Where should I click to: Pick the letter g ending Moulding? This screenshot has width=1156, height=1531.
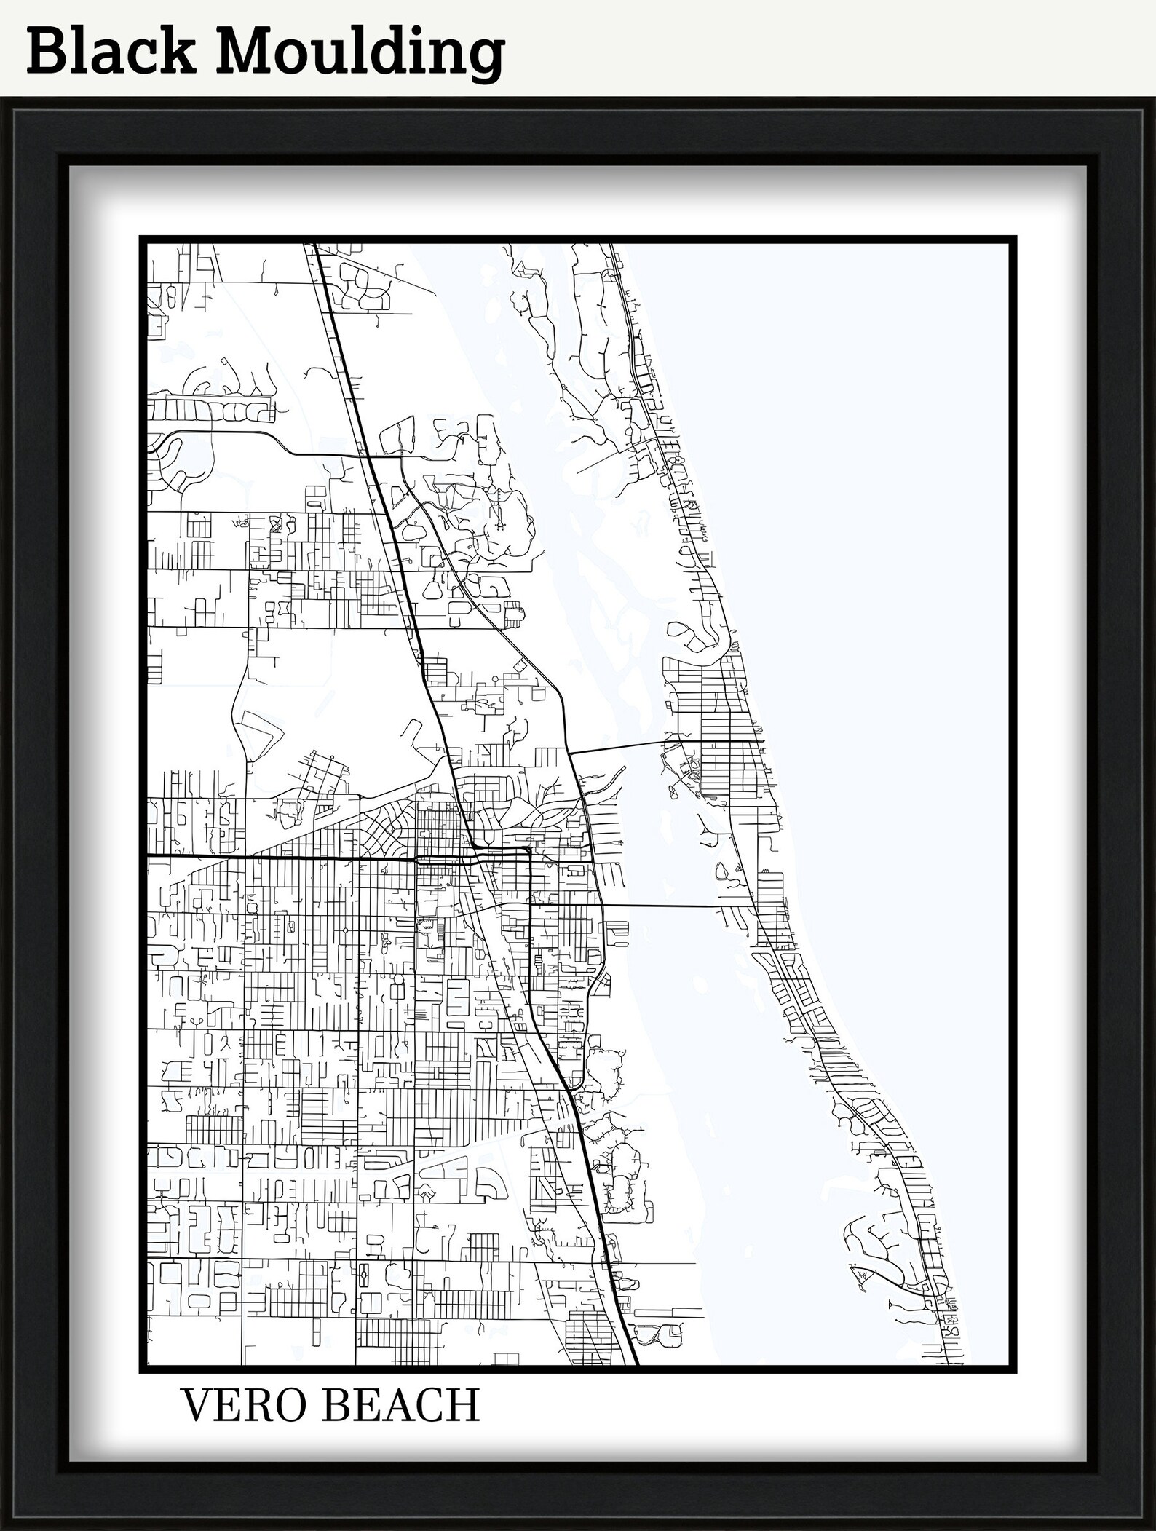coord(483,58)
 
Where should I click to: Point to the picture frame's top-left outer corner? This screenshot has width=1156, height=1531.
coord(1,98)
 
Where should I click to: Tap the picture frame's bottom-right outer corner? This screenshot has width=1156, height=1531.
coord(1155,1529)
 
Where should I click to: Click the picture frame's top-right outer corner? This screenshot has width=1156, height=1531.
coord(1155,98)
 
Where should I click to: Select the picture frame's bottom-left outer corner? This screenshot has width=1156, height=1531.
coord(1,1529)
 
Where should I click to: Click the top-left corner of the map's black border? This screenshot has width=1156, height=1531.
coord(140,237)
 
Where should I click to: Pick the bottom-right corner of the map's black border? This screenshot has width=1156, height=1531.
coord(1016,1373)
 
